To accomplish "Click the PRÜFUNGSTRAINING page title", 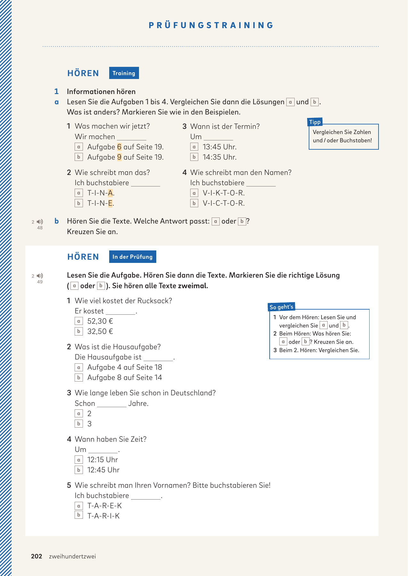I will click(211, 25).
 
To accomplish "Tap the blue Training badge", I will click(124, 73).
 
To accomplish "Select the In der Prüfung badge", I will click(132, 256).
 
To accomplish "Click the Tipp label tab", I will click(315, 122).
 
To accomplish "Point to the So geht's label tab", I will click(281, 307).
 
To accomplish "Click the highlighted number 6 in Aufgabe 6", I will click(119, 147).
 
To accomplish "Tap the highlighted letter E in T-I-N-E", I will click(110, 203).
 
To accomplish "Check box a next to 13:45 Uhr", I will click(194, 147).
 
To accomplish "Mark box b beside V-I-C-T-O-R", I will click(194, 203).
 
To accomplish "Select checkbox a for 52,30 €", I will click(78, 321).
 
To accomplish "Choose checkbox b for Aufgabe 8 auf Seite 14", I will click(78, 377).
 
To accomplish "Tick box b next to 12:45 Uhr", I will click(78, 470).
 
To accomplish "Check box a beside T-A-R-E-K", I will click(78, 506).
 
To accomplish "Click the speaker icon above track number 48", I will click(40, 222).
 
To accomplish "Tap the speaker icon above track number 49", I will click(40, 276).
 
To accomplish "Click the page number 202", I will click(37, 556).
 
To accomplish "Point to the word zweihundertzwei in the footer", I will click(72, 556).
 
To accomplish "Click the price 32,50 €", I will click(100, 331).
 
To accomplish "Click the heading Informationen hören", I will click(101, 91).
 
